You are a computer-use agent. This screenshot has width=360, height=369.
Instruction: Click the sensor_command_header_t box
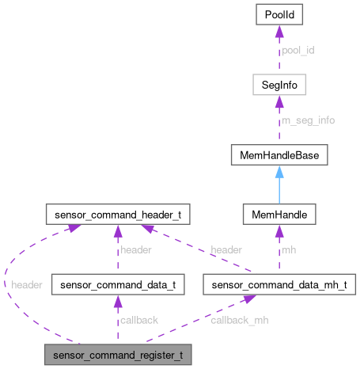[x=117, y=214]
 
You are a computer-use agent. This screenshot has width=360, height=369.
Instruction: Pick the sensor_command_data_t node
[x=117, y=283]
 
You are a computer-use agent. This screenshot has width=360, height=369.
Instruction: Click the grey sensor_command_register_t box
[x=117, y=353]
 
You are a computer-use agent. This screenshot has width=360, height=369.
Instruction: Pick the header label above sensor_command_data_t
[x=136, y=249]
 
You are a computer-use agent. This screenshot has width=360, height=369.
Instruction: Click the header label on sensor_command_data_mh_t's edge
[x=225, y=249]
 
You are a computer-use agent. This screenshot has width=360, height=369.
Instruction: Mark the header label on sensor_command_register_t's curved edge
[x=25, y=283]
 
